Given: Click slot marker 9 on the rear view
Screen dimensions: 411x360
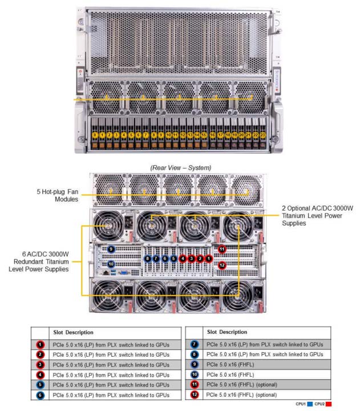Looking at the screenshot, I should [x=111, y=249].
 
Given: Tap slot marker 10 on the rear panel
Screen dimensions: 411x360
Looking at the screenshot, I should [x=111, y=264].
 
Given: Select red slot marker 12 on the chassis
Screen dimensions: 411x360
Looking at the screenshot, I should [x=222, y=265].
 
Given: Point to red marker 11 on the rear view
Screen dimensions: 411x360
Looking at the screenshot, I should [x=222, y=249].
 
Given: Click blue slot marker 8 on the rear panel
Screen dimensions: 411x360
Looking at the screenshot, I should [x=148, y=258].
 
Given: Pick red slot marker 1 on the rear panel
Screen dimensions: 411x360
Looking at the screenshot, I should [x=209, y=258].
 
